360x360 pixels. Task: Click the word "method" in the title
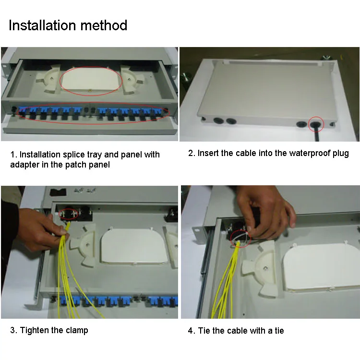[x=104, y=25]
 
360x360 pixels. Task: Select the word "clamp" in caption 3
[x=77, y=330]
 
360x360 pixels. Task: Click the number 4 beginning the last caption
[x=191, y=331]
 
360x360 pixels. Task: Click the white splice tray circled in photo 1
[x=91, y=79]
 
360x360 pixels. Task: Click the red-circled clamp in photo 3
[x=69, y=214]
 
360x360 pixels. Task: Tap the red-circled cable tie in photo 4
[x=240, y=239]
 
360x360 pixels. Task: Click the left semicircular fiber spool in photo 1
[x=48, y=79]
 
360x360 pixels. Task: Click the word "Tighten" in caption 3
[x=35, y=330]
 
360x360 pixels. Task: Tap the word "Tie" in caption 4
[x=204, y=331]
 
